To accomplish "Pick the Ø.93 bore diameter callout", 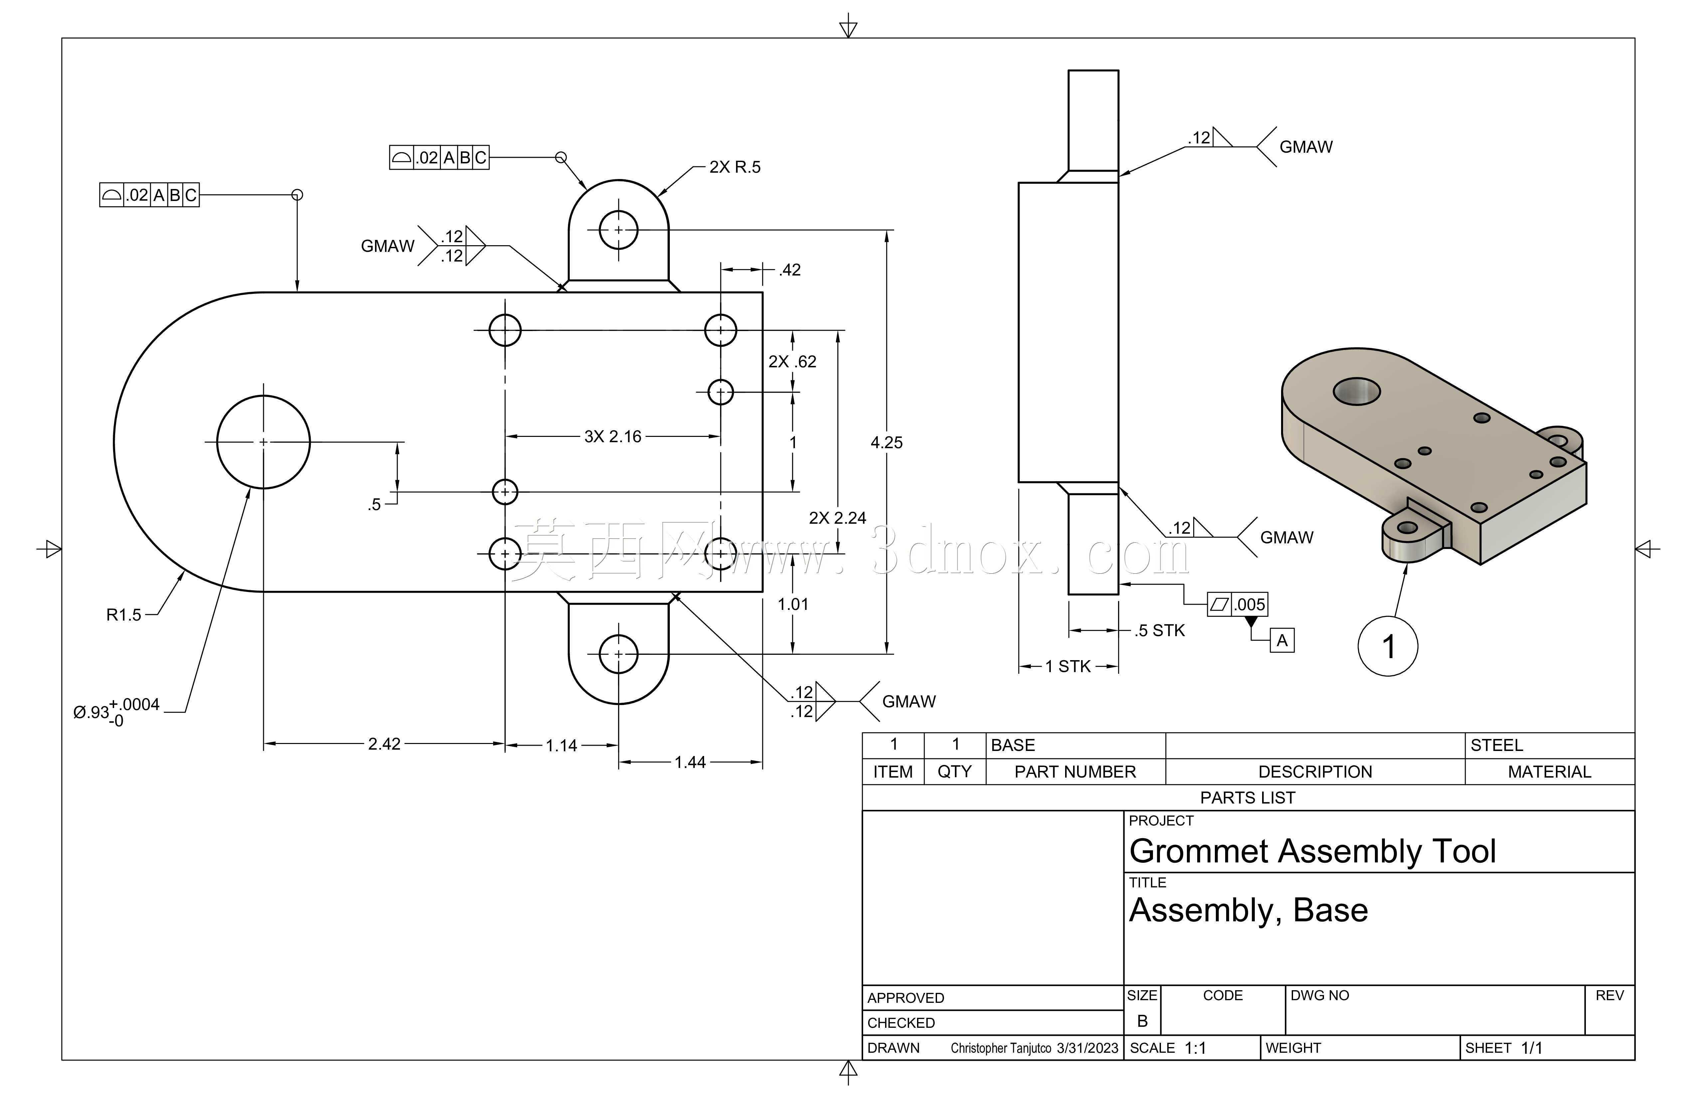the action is coord(116,712).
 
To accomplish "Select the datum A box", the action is coord(1282,640).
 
